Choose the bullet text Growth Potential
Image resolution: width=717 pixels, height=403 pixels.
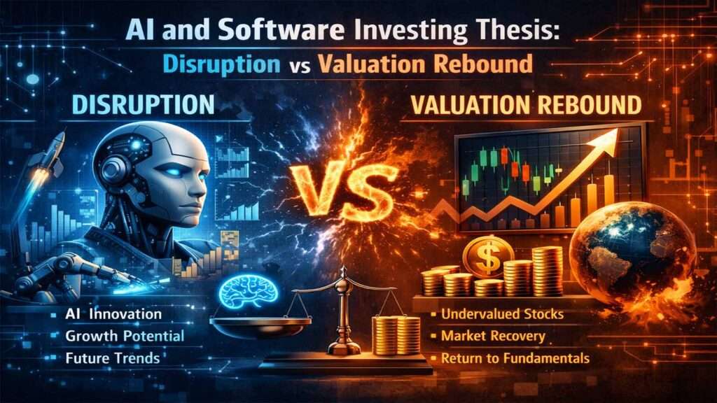[x=125, y=336]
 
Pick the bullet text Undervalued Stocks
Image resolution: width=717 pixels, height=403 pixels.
[x=502, y=314]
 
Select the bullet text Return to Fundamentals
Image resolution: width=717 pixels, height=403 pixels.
[x=515, y=359]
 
